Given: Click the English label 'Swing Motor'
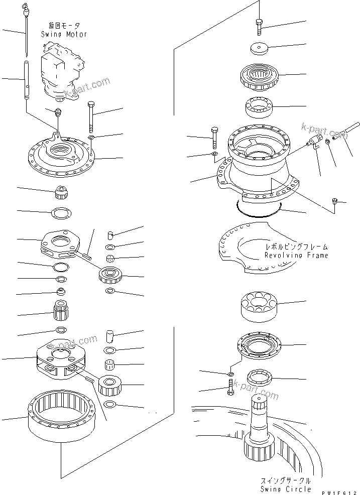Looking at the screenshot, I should click(x=64, y=34).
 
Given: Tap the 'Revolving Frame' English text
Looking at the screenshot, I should click(x=296, y=255).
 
